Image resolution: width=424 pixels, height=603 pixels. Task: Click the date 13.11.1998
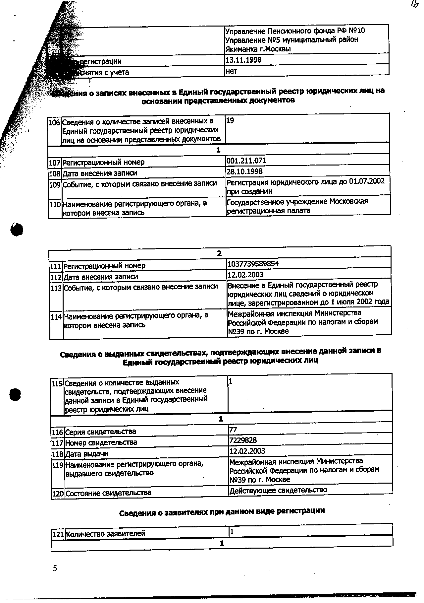[243, 60]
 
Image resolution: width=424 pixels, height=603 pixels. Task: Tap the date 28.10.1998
[244, 171]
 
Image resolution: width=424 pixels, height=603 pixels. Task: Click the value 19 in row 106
[230, 121]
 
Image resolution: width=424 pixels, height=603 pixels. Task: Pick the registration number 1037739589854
[253, 264]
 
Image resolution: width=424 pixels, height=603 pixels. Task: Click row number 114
[56, 317]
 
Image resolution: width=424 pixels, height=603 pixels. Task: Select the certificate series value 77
[233, 430]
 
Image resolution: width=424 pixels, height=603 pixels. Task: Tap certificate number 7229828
[243, 440]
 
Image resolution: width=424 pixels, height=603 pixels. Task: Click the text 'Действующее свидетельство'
[278, 490]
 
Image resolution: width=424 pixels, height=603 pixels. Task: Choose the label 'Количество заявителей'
[106, 534]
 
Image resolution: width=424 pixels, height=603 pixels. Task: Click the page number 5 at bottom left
[55, 569]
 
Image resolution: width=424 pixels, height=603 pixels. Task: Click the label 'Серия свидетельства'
[100, 432]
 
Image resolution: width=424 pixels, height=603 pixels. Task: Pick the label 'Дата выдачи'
[86, 454]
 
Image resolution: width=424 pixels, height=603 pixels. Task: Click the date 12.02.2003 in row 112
[245, 275]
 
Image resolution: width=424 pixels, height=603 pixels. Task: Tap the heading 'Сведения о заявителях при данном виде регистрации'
[222, 511]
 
